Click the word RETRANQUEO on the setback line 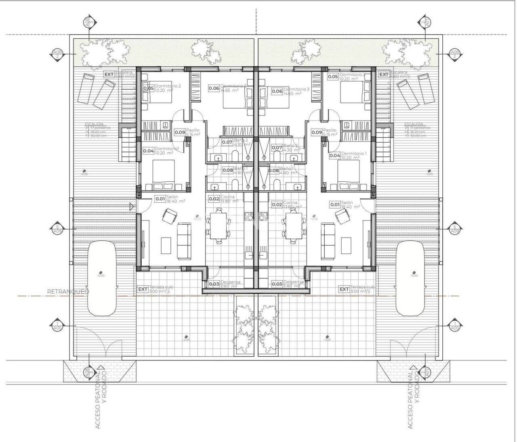point(68,291)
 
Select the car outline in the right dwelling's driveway point(410,279)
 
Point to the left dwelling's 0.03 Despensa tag point(214,284)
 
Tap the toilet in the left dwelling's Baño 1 point(234,185)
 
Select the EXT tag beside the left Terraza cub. point(143,289)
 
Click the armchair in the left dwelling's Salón point(168,217)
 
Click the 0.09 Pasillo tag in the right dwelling point(317,132)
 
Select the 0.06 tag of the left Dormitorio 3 point(214,88)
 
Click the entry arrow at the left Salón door point(132,206)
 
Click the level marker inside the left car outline point(100,273)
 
